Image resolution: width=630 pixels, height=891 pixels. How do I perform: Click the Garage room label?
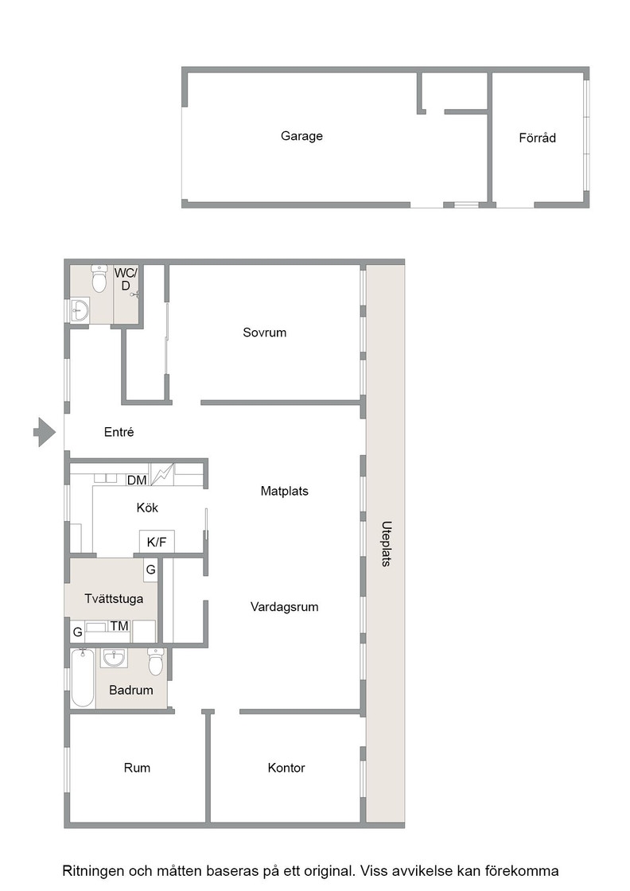point(301,136)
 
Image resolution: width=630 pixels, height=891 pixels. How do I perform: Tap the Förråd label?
point(538,138)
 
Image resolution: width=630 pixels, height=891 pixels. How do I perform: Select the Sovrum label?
point(265,333)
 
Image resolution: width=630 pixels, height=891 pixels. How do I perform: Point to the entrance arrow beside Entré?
point(45,432)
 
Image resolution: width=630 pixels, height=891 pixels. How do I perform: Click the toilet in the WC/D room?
point(99,278)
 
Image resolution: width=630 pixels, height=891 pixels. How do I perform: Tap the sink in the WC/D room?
point(80,310)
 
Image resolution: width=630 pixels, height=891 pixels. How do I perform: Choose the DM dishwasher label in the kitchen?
point(137,481)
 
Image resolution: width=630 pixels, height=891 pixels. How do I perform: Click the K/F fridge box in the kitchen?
point(157,542)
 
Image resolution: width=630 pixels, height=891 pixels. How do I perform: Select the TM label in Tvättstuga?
point(119,626)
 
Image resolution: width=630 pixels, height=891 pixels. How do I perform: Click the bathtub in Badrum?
point(83,678)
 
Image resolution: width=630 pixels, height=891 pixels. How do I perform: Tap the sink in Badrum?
point(115,658)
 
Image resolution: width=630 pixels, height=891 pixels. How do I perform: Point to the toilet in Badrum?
point(156,661)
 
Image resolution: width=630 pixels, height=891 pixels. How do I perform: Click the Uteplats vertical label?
point(387,544)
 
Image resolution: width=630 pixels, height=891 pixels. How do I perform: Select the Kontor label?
point(286,768)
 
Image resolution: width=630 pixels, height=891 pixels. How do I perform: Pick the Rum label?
point(137,768)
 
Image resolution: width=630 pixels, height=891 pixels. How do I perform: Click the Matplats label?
point(285,491)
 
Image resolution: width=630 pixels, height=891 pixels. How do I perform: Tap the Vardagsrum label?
point(285,607)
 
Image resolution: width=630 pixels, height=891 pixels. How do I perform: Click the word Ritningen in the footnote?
point(92,871)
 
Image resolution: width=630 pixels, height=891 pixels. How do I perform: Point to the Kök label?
point(147,508)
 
